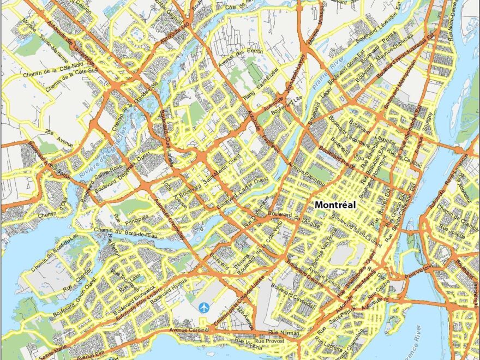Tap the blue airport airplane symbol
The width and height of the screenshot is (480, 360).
click(204, 308)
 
